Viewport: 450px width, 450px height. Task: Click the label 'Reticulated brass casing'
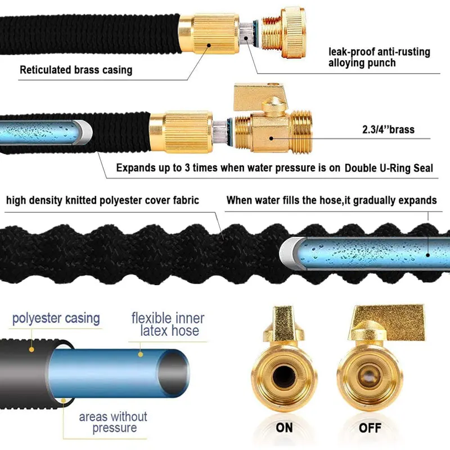point(76,70)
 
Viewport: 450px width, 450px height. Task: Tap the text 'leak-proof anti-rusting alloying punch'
point(379,57)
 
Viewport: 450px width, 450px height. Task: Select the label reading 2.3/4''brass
point(388,130)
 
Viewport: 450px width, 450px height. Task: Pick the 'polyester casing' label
point(56,318)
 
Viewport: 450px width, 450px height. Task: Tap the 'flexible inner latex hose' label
point(168,324)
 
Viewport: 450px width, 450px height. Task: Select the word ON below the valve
point(285,428)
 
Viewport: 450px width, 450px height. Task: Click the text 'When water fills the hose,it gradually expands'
point(331,200)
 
